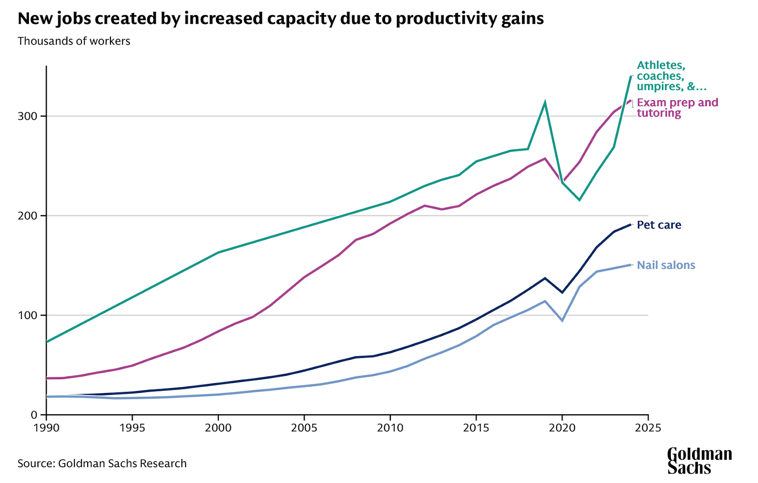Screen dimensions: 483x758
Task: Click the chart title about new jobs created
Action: (280, 19)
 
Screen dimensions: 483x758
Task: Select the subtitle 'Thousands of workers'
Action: (74, 41)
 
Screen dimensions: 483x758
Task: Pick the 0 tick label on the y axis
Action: (34, 415)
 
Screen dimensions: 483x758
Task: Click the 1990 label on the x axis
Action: (46, 428)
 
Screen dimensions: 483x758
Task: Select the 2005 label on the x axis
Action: (304, 428)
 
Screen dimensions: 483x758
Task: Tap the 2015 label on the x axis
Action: (476, 428)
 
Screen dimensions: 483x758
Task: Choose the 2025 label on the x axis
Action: (648, 428)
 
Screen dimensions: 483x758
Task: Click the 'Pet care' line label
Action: (659, 225)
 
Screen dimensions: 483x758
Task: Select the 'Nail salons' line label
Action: (666, 265)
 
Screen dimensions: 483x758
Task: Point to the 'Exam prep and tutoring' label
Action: (677, 108)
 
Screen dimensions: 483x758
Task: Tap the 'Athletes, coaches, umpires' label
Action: (671, 76)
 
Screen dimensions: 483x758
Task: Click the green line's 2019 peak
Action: (545, 102)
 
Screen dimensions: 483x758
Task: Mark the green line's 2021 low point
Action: (579, 200)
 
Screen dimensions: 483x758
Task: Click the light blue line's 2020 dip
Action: (562, 321)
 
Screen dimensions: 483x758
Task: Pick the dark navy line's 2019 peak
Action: (545, 278)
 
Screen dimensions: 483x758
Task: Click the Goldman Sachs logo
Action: (699, 461)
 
